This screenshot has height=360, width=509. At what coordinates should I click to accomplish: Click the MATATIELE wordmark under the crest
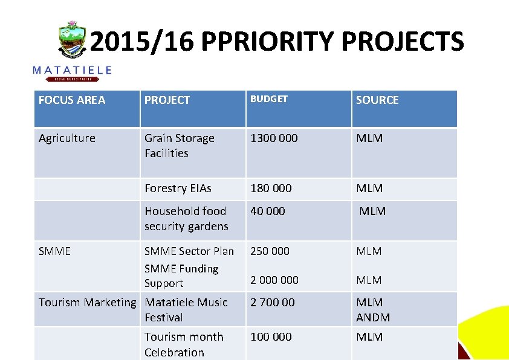click(x=72, y=70)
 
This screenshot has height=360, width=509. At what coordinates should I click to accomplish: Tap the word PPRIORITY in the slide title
click(x=268, y=42)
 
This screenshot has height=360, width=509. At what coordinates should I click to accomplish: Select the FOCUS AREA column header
click(x=71, y=100)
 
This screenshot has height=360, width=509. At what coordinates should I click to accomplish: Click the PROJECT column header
click(x=167, y=100)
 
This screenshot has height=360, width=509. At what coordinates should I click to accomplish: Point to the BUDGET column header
click(x=269, y=99)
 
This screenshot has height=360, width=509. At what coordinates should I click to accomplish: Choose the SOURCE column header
click(x=377, y=100)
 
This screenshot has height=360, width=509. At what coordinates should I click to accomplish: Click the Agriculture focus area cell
click(x=67, y=138)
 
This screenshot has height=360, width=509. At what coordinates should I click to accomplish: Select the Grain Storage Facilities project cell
click(x=179, y=146)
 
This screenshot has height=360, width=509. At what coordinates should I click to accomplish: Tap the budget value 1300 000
click(x=274, y=138)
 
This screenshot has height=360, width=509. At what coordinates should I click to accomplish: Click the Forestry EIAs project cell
click(x=178, y=188)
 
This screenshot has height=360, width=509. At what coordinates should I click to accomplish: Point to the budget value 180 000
click(x=271, y=188)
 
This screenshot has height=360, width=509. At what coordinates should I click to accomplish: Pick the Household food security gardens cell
click(x=186, y=219)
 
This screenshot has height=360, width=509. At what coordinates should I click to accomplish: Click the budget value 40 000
click(x=268, y=211)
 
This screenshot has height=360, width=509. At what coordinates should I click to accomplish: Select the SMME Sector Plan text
click(x=189, y=251)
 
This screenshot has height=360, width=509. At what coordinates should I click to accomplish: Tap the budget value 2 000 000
click(x=274, y=280)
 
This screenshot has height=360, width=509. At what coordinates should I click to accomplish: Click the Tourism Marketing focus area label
click(x=88, y=303)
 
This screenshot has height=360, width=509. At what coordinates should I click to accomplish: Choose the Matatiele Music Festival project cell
click(x=186, y=310)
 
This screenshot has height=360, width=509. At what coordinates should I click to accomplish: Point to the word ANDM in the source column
click(x=373, y=317)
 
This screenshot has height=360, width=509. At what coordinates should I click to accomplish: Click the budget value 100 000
click(x=271, y=337)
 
